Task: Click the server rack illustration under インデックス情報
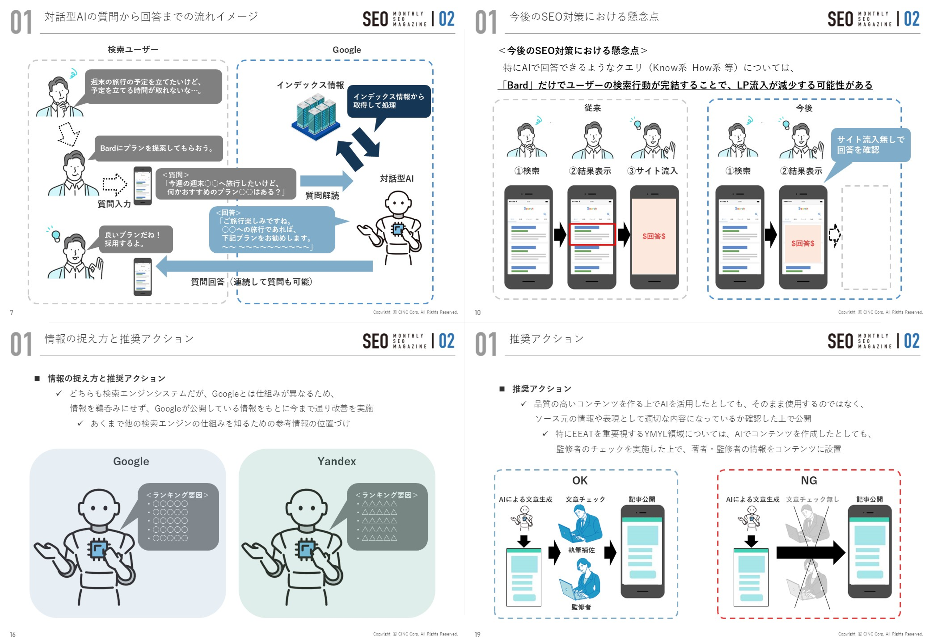(316, 117)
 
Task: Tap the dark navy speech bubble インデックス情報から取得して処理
(388, 101)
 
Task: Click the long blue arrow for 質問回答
(264, 266)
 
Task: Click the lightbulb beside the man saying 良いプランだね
(56, 235)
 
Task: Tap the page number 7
(12, 312)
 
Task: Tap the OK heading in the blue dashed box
(580, 481)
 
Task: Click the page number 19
(478, 634)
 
